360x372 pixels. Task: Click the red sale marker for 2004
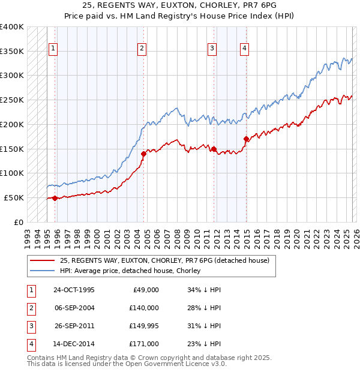point(143,154)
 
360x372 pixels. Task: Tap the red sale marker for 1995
point(55,198)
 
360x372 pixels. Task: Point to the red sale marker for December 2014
point(246,139)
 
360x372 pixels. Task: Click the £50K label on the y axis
point(14,197)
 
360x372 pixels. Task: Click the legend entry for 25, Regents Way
point(164,260)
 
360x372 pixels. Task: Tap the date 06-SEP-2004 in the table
point(74,308)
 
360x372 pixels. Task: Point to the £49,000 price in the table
point(144,290)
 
